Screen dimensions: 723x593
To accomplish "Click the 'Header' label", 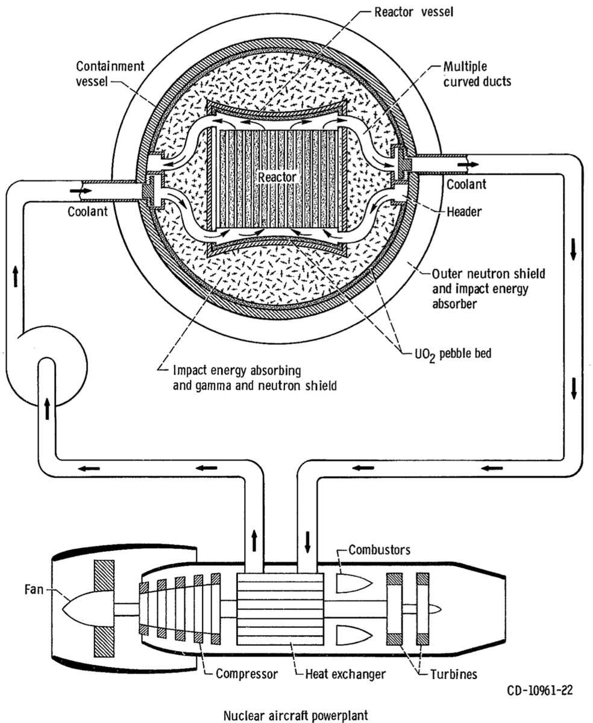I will pos(463,212).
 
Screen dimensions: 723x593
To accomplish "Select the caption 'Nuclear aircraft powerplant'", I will pos(295,715).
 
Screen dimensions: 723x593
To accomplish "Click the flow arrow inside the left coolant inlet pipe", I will pos(78,190).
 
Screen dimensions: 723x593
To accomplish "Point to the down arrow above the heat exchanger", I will pos(308,542).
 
